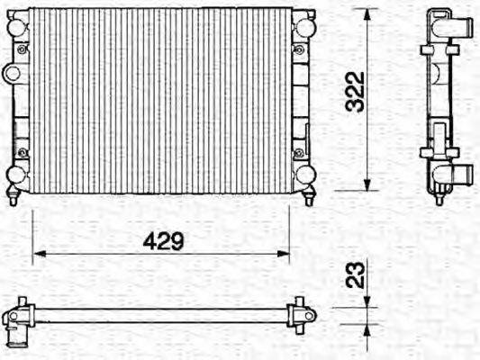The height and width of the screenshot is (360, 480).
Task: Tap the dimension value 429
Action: tap(163, 241)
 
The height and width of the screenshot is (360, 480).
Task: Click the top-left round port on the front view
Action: tap(17, 28)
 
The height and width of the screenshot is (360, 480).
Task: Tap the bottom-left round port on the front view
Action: tap(17, 174)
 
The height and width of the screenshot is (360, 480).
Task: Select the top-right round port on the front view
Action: tap(305, 27)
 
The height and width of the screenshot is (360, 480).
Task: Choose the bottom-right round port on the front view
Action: tap(305, 174)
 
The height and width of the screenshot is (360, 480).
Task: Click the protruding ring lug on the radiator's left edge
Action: tap(11, 73)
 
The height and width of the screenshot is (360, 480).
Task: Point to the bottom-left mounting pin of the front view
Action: tap(14, 197)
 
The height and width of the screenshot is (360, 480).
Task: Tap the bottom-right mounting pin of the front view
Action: tap(309, 197)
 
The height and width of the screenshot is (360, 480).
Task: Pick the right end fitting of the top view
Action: tap(302, 316)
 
